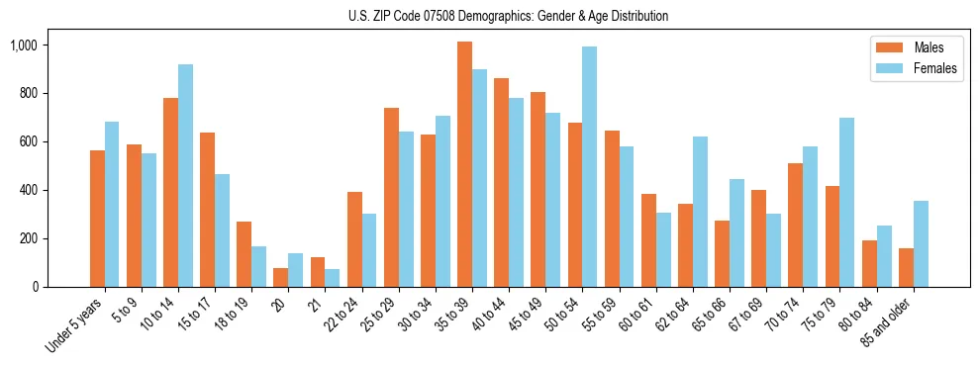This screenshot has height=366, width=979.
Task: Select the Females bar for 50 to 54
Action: pyautogui.click(x=589, y=166)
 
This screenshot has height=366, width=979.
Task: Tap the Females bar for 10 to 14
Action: pyautogui.click(x=185, y=175)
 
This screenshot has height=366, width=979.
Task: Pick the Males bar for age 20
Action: pyautogui.click(x=280, y=277)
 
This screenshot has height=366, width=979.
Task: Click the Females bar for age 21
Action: pyautogui.click(x=332, y=278)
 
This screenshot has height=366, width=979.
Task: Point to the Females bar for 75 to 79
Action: pyautogui.click(x=846, y=202)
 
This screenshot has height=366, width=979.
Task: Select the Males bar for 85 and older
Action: pyautogui.click(x=905, y=267)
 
